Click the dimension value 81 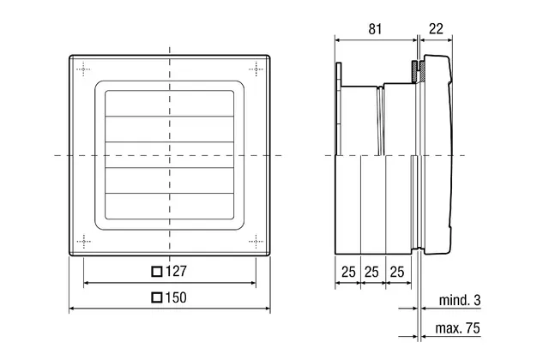[x=375, y=29]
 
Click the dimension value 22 [x=436, y=29]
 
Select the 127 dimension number [x=176, y=271]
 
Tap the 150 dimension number [x=176, y=297]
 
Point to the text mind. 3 [x=460, y=300]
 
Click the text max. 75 [x=457, y=328]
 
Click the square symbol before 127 [x=157, y=272]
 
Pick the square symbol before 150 [x=157, y=297]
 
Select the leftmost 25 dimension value [x=348, y=272]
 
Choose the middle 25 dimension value [x=371, y=272]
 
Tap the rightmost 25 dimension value [x=397, y=272]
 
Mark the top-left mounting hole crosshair [x=83, y=69]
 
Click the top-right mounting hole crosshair [x=256, y=69]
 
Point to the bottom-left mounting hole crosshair [x=83, y=242]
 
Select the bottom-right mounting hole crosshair [x=256, y=242]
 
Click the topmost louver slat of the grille [x=170, y=103]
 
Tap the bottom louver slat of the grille [x=170, y=207]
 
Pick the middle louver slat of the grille [x=170, y=155]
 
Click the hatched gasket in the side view [x=419, y=72]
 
